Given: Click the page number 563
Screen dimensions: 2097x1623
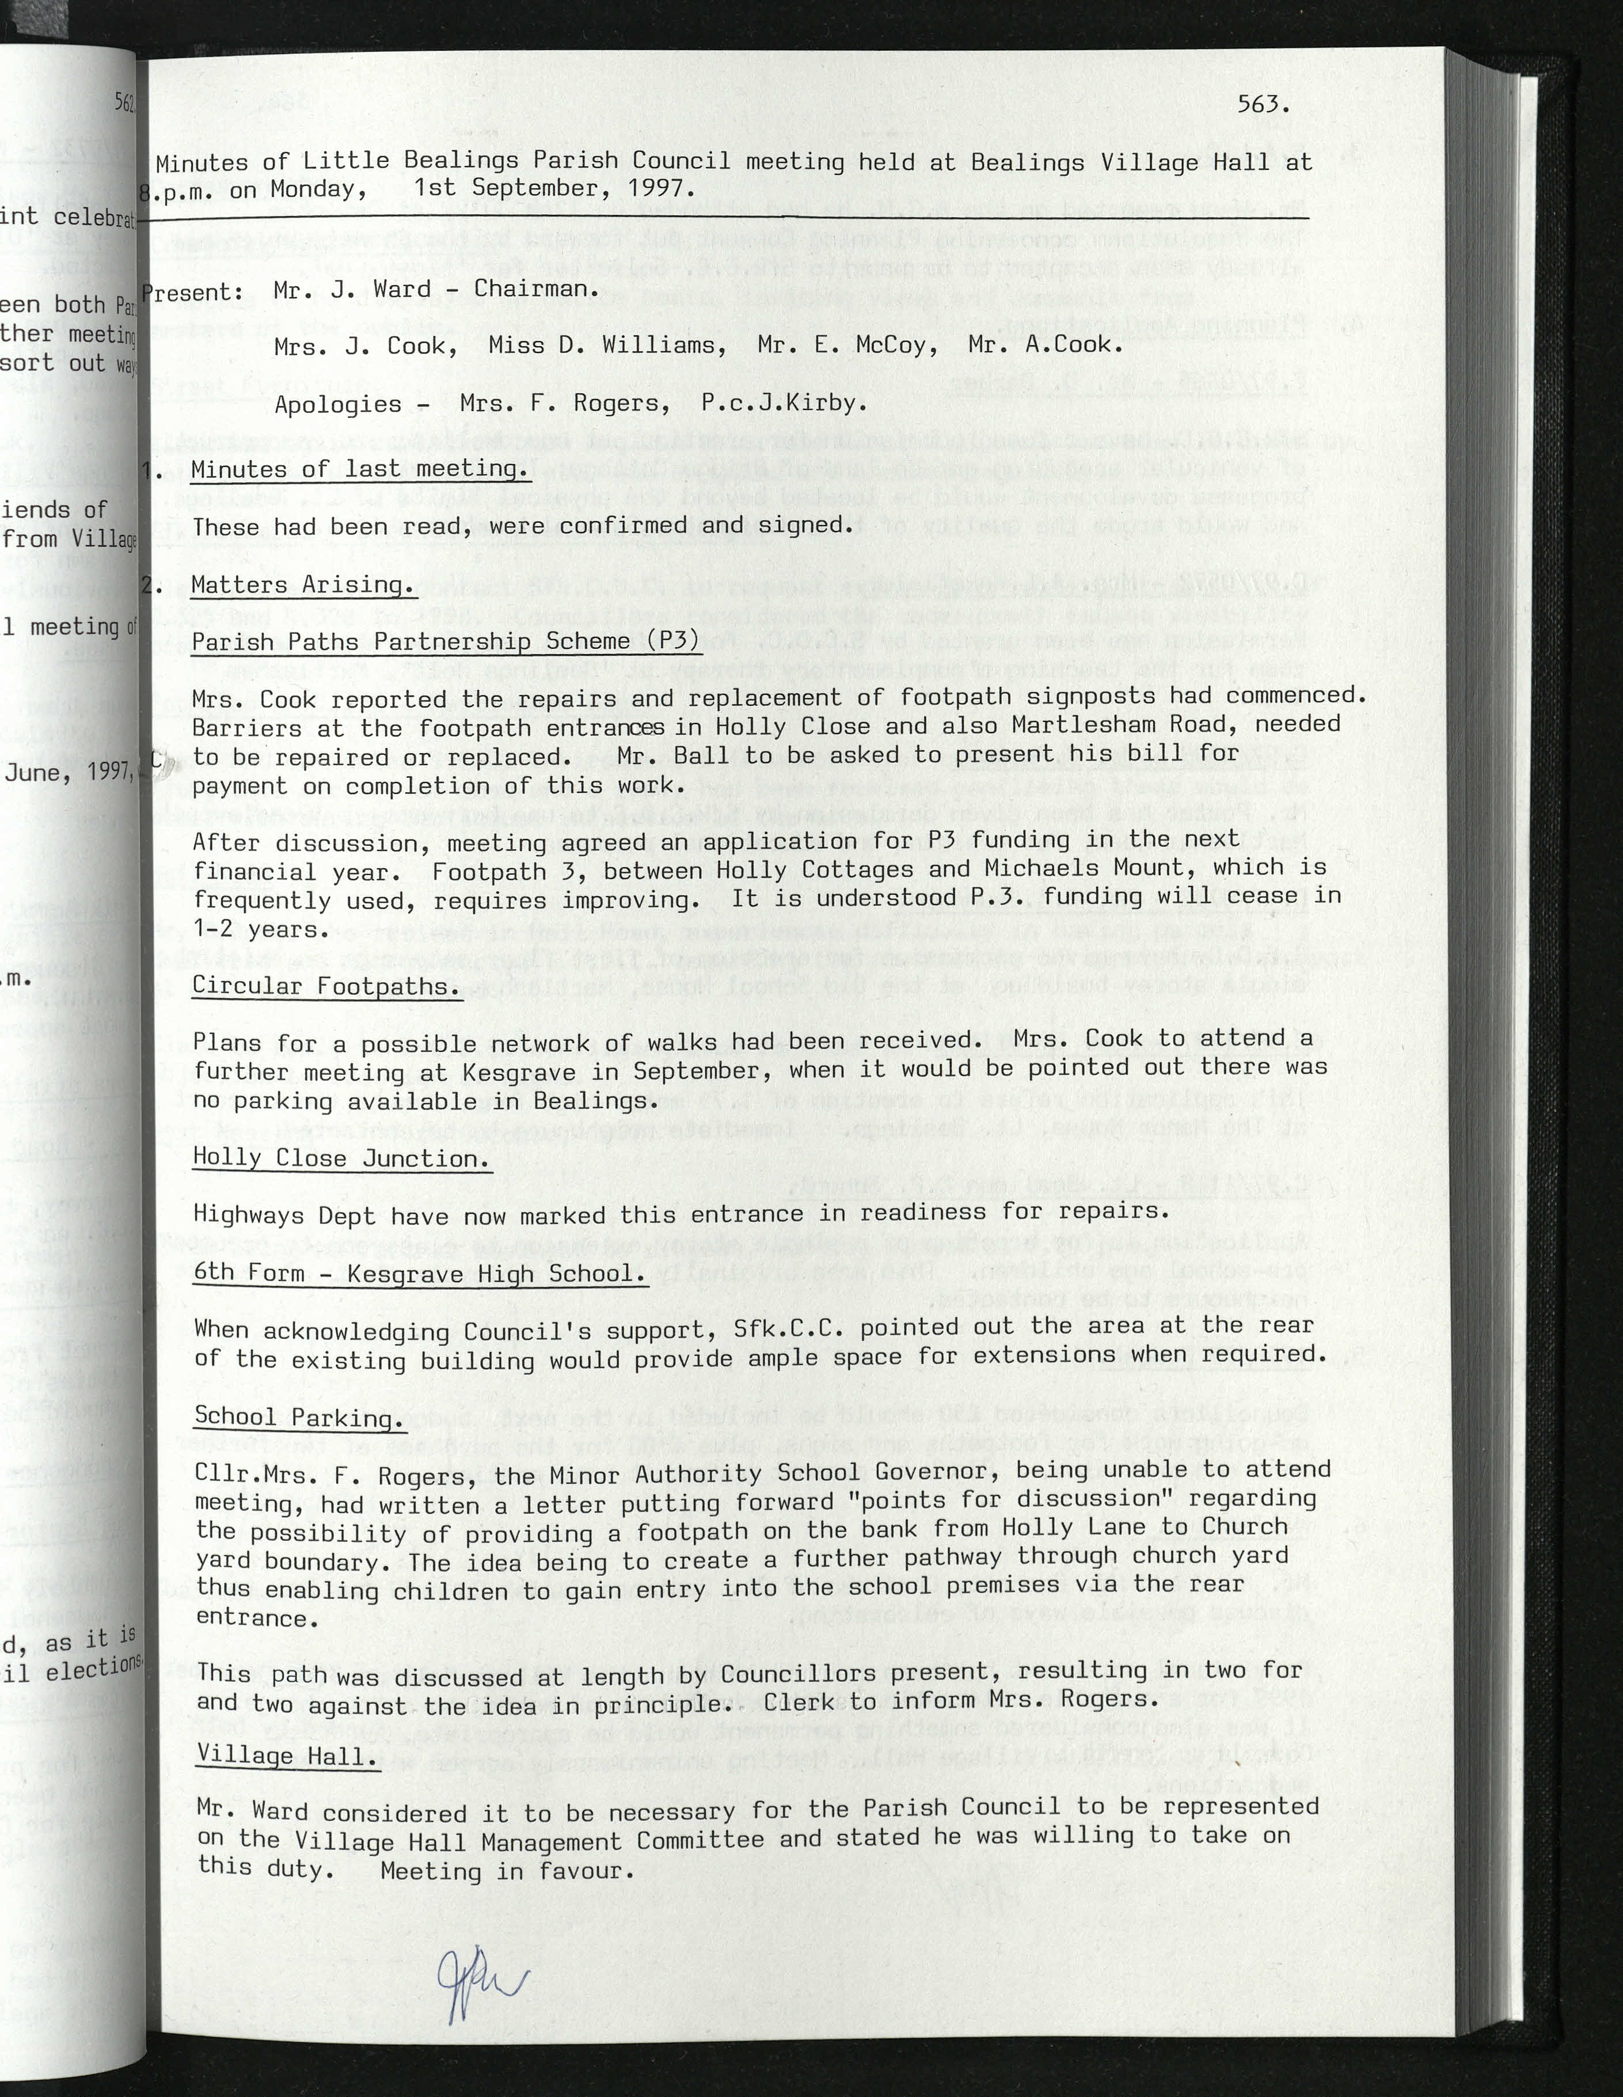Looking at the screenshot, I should (x=1262, y=105).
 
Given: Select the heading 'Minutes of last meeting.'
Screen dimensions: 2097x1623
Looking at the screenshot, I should (x=360, y=469).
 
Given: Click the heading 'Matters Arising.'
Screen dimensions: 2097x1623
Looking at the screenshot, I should (x=302, y=585).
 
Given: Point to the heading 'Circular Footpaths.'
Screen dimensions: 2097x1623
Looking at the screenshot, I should (x=326, y=986).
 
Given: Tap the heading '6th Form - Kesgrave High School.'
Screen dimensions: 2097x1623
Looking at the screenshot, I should (x=420, y=1274).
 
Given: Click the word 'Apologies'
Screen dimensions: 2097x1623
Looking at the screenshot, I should (x=338, y=404).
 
